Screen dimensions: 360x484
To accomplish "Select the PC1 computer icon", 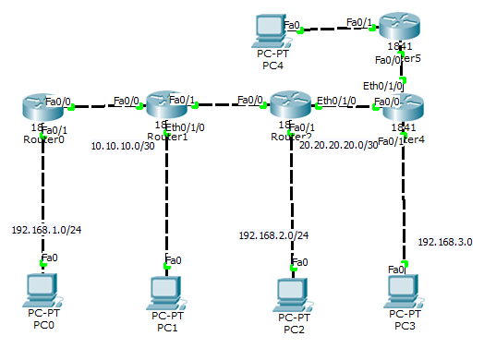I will pyautogui.click(x=167, y=291).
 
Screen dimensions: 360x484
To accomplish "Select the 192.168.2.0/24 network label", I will pyautogui.click(x=273, y=235).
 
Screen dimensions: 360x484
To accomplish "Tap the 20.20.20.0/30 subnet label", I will pyautogui.click(x=339, y=145).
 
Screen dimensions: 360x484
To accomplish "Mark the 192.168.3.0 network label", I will pyautogui.click(x=444, y=242).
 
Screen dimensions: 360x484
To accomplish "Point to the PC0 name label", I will pyautogui.click(x=42, y=325).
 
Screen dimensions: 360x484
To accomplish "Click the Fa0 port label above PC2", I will pyautogui.click(x=298, y=262).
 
